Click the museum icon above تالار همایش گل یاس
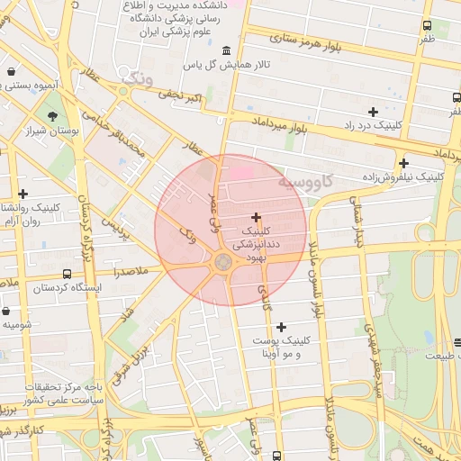click(x=224, y=49)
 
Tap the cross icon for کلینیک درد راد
click(x=373, y=112)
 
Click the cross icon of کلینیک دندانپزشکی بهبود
click(x=257, y=217)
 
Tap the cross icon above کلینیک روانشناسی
click(x=23, y=194)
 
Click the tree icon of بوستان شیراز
click(x=53, y=116)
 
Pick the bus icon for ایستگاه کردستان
click(x=68, y=274)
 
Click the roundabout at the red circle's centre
click(x=222, y=261)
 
